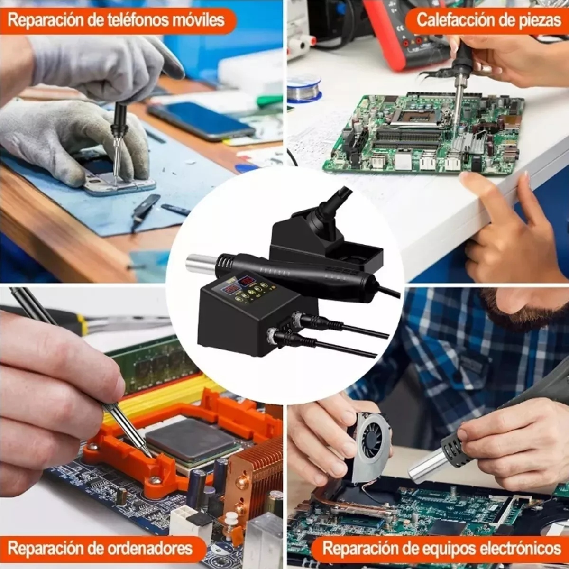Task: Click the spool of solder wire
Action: pyautogui.click(x=304, y=87)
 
